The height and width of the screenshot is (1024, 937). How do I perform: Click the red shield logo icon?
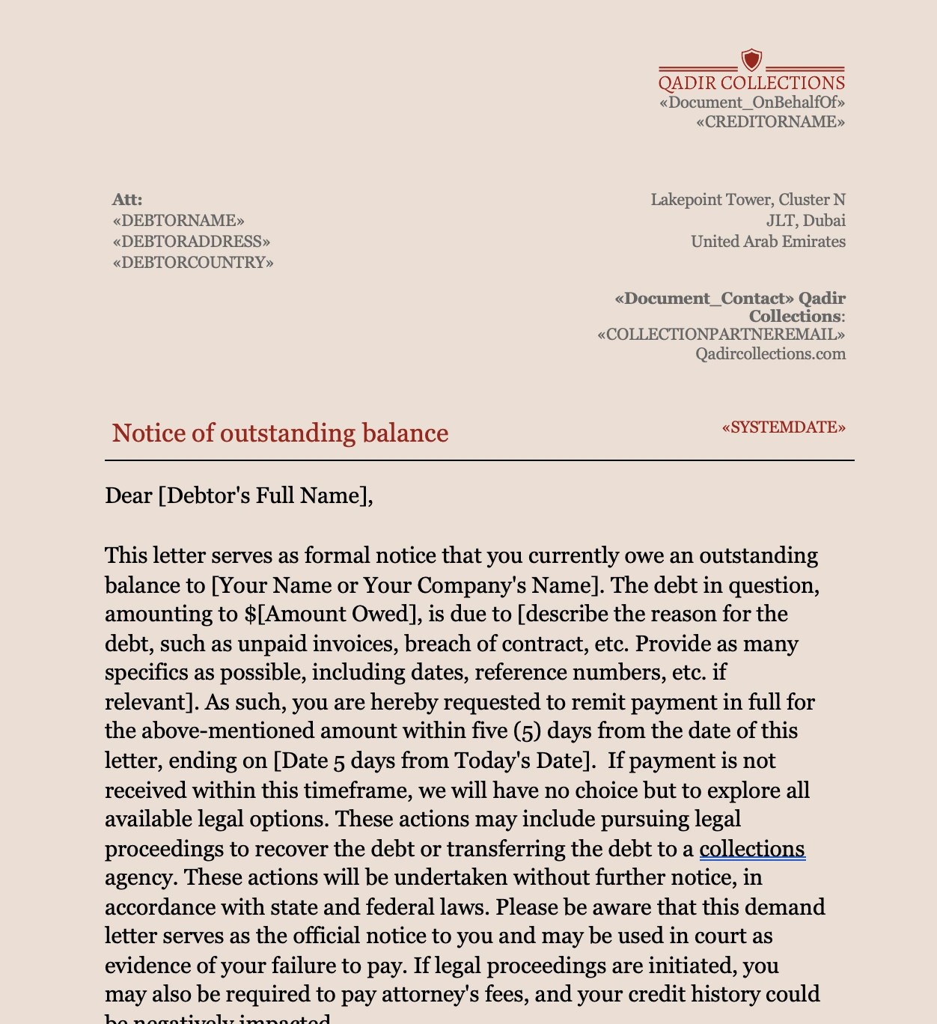(751, 60)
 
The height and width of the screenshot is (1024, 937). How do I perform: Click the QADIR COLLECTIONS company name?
(751, 83)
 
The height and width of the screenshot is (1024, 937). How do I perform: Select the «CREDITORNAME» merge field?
(770, 122)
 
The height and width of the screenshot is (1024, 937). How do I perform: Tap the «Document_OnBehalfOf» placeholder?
(751, 103)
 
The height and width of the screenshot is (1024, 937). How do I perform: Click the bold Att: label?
(127, 200)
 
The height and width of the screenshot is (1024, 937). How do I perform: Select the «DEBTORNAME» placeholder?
(178, 221)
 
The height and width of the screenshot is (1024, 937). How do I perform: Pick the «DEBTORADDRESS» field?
(191, 242)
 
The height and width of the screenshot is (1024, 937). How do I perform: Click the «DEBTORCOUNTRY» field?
(193, 263)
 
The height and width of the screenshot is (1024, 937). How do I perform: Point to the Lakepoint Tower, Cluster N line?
(748, 200)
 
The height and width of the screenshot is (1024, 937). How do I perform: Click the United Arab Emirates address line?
(768, 242)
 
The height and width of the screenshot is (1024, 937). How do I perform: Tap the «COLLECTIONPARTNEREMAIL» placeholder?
(721, 335)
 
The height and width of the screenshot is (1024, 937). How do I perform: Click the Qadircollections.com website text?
(770, 354)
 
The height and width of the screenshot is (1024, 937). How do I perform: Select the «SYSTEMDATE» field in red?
(784, 427)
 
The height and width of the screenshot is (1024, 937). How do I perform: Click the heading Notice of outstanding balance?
(280, 433)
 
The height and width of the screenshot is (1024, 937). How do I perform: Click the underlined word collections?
(752, 849)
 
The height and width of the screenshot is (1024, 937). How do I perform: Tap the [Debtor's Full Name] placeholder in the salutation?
(265, 496)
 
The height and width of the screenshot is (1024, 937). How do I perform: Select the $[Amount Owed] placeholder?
(329, 614)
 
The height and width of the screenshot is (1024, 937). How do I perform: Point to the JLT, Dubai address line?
(805, 221)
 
